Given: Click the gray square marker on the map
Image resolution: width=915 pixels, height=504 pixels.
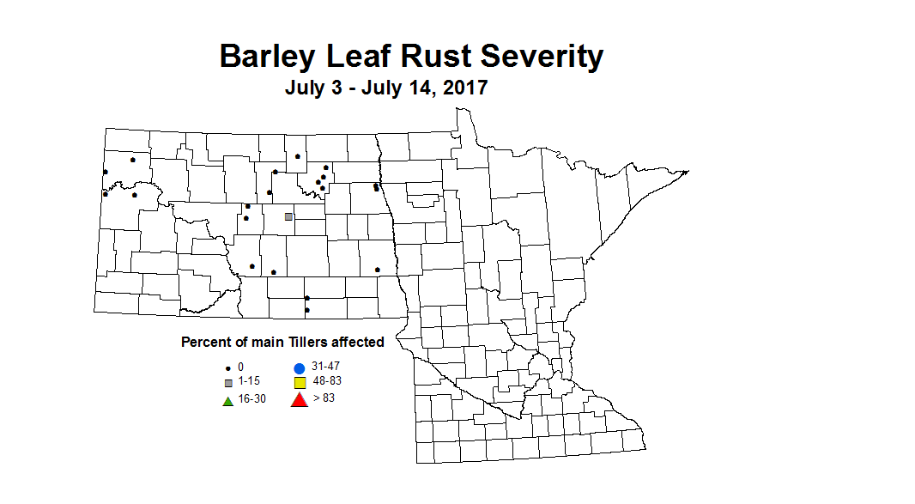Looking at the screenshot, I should pos(288,217).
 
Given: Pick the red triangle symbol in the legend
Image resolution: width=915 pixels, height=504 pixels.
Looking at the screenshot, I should pos(299,398).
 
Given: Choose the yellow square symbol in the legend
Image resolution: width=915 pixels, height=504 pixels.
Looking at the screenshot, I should pos(300,382).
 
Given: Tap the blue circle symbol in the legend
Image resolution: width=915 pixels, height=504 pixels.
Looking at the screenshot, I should pos(300,367).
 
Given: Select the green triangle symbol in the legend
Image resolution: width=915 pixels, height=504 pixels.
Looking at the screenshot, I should pos(227,399).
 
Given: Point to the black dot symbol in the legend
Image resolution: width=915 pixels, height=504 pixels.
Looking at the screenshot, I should pos(227,367).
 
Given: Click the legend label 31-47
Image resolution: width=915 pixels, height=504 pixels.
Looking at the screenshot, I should pos(325,367).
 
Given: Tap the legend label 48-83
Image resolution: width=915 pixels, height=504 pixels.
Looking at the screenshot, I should pos(328,380).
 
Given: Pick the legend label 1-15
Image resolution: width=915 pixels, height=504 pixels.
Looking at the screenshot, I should pos(249,381).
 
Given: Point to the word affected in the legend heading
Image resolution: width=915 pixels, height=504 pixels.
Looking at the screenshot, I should pos(361,342).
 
